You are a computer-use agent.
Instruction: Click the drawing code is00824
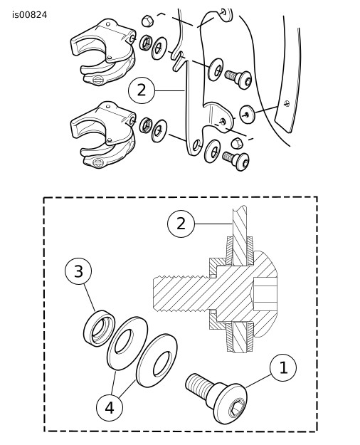tap(29, 15)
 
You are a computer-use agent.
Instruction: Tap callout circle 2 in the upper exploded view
tap(142, 90)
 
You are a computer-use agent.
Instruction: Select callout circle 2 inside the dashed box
tap(181, 224)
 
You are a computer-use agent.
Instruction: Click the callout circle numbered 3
tap(78, 271)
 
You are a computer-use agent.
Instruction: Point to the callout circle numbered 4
tap(110, 408)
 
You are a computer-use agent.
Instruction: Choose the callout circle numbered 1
tap(283, 368)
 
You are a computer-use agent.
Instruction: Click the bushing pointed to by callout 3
tap(100, 328)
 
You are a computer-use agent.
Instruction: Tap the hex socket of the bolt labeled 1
tap(236, 408)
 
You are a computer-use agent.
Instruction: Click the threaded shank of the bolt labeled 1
tap(198, 384)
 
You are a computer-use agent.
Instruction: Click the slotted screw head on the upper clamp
tap(98, 80)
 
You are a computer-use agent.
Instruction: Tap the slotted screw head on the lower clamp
tap(98, 163)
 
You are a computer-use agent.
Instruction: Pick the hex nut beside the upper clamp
tap(146, 43)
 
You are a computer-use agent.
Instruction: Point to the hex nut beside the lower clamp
tap(146, 125)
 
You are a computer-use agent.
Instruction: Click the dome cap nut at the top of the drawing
tap(147, 21)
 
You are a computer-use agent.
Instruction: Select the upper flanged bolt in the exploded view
tap(238, 78)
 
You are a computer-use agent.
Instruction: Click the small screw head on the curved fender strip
tap(287, 103)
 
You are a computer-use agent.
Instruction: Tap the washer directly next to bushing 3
tap(127, 343)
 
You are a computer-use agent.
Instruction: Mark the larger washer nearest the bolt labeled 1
tap(157, 360)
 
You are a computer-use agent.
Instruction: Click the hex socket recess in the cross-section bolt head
tap(264, 294)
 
